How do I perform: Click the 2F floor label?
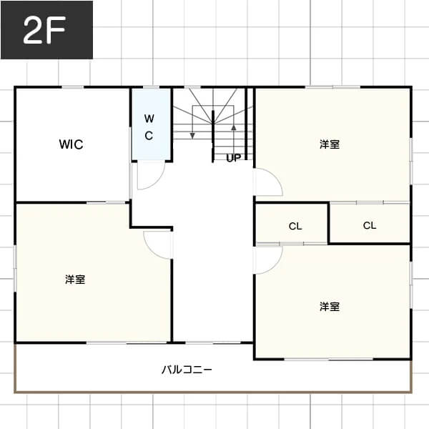click(44, 30)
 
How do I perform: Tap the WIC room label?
click(71, 144)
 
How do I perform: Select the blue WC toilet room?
click(152, 124)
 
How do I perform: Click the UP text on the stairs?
click(234, 158)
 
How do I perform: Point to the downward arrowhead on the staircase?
click(192, 135)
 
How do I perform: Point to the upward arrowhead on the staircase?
click(234, 127)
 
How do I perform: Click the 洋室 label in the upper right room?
click(330, 144)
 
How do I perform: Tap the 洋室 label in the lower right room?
click(330, 307)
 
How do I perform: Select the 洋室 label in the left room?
click(75, 280)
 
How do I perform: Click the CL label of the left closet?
click(295, 226)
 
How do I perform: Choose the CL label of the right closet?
click(370, 225)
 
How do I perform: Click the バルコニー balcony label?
click(187, 370)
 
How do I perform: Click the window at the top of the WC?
click(152, 87)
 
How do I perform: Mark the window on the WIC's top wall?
click(72, 87)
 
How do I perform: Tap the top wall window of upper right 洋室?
click(332, 87)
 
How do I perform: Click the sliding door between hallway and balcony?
click(213, 342)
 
